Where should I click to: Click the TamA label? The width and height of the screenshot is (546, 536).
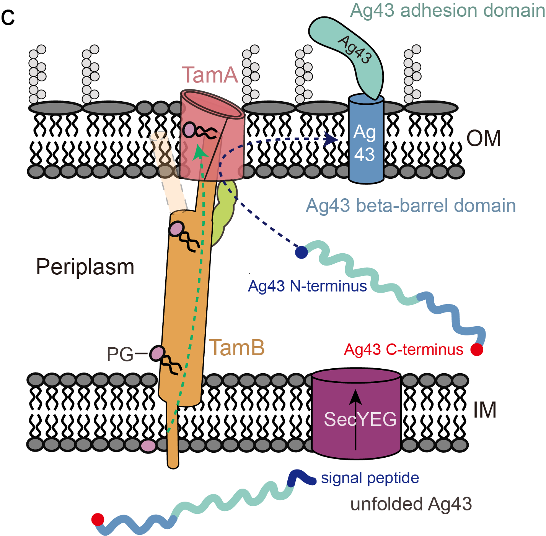[x=210, y=75]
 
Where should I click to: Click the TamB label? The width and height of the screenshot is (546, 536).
[x=237, y=348]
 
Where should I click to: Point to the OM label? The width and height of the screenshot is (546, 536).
[x=484, y=138]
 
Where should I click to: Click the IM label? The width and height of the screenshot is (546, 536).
[x=485, y=410]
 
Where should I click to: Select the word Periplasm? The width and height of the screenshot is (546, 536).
[x=85, y=267]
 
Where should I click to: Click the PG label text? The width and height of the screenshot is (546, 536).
[x=120, y=355]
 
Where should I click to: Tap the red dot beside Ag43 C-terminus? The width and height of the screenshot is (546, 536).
[x=476, y=349]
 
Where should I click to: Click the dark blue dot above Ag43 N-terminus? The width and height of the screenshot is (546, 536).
[x=302, y=252]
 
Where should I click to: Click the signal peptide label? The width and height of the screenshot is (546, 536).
[x=370, y=478]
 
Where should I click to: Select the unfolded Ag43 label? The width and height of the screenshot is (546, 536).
[x=411, y=504]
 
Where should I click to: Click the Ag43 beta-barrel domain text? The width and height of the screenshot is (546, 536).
[x=411, y=206]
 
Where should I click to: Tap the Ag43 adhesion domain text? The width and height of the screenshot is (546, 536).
[x=447, y=10]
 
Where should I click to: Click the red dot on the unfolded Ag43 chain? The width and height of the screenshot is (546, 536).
[x=98, y=519]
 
